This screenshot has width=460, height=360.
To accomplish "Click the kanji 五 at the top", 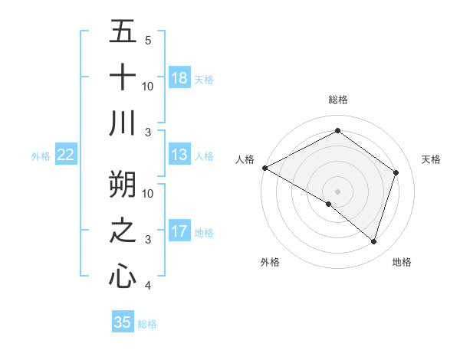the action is [x=123, y=32].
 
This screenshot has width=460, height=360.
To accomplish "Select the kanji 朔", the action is [x=123, y=183].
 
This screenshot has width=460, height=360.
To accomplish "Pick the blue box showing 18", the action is [x=179, y=78].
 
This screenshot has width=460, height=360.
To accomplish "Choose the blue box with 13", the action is [x=179, y=155].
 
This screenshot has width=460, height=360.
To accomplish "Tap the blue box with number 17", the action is [x=179, y=232].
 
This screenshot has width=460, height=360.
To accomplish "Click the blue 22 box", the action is [x=66, y=155].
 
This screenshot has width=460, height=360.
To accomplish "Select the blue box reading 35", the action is [x=123, y=322].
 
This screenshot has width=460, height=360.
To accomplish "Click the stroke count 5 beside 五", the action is [x=148, y=41].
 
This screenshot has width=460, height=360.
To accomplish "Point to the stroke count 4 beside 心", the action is [x=148, y=286].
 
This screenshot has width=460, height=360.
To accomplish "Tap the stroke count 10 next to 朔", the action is [x=148, y=193].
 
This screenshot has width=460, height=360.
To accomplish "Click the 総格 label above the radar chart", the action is [x=338, y=100].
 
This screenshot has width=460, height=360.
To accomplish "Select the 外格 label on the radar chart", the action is [x=270, y=262].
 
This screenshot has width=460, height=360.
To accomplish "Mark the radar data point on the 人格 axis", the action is [x=264, y=168].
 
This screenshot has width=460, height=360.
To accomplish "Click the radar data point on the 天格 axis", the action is [x=396, y=172].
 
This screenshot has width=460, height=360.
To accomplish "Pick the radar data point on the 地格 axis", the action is [x=373, y=241].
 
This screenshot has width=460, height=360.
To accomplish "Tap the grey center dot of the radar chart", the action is [x=337, y=191].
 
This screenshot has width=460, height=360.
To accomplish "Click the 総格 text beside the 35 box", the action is [x=147, y=324].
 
